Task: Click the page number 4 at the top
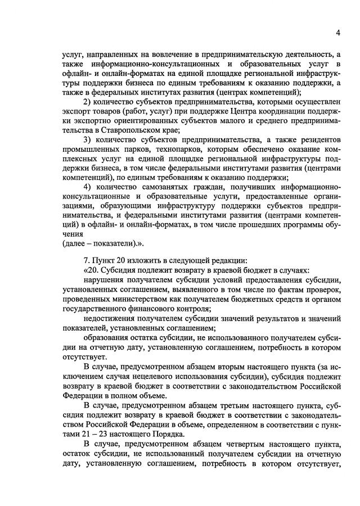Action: [x=337, y=33]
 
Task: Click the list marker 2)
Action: [x=87, y=101]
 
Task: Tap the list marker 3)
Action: [x=87, y=139]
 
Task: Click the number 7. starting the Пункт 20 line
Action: [x=86, y=260]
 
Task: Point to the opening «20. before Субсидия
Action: [x=91, y=270]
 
